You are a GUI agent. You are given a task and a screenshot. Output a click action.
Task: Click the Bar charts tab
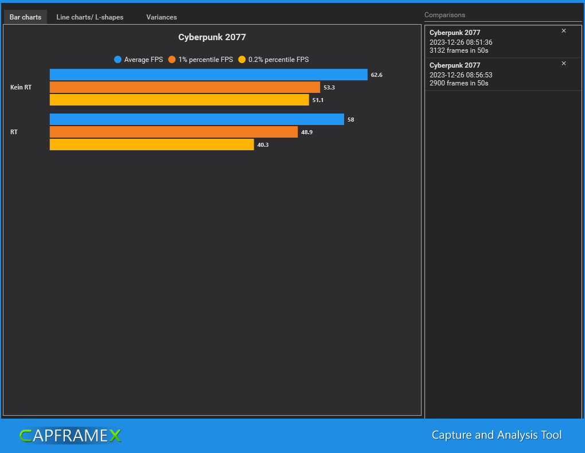pos(25,17)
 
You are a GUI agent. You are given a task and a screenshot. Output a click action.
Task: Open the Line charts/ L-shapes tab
pos(89,17)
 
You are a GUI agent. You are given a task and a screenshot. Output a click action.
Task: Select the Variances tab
pos(161,17)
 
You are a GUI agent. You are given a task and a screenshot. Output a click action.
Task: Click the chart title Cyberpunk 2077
pos(212,37)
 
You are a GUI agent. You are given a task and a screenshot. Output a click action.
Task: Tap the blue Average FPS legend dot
pos(118,60)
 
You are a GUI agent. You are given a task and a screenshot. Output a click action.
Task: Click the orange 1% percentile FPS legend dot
pos(172,60)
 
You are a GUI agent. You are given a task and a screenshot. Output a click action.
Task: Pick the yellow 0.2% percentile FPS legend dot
pos(242,60)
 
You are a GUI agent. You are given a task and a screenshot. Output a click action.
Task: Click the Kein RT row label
pos(21,87)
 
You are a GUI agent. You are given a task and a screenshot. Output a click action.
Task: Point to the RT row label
pos(14,132)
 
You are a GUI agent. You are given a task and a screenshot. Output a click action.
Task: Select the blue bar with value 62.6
pos(208,75)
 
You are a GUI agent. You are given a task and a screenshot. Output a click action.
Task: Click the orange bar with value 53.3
pos(185,87)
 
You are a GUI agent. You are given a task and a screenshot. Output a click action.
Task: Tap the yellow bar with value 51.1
pos(179,100)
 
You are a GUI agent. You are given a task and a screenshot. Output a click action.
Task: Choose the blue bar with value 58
pos(197,119)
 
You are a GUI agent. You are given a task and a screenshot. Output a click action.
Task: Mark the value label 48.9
pos(307,132)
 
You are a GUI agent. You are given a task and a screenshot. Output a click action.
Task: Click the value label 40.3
pos(263,145)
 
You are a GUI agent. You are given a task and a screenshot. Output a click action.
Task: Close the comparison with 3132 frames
pos(563,31)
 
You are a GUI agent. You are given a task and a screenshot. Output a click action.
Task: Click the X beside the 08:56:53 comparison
pos(563,64)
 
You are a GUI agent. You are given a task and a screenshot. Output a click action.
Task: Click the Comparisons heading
pos(444,15)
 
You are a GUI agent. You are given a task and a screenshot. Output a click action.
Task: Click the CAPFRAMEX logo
pos(70,436)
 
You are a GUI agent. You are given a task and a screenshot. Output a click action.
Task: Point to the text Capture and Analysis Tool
pos(497,435)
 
